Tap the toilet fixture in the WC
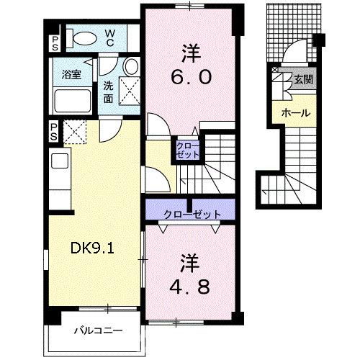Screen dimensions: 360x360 coord(81,37)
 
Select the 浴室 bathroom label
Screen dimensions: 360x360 coord(69,73)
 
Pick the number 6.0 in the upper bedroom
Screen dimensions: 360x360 coord(190,76)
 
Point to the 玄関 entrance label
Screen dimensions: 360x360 coord(301,81)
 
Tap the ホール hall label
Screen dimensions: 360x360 coord(295,113)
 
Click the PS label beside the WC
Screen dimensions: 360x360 coord(54,41)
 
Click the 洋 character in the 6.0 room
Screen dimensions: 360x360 coord(190,51)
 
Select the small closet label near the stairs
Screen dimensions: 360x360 coord(185,150)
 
